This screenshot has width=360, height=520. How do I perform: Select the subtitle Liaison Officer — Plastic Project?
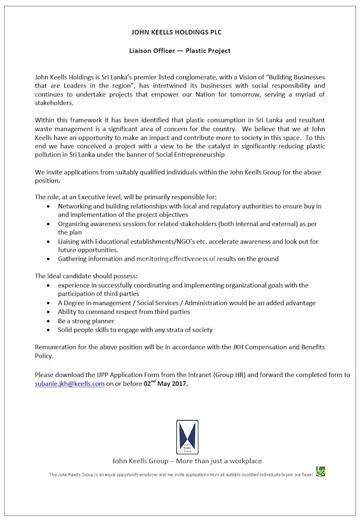pyautogui.click(x=180, y=51)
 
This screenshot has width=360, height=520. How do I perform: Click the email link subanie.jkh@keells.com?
pyautogui.click(x=70, y=384)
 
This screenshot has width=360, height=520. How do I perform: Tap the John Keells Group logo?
pyautogui.click(x=187, y=437)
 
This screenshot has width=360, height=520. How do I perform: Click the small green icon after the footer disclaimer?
pyautogui.click(x=320, y=472)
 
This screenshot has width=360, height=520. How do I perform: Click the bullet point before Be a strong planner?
pyautogui.click(x=48, y=321)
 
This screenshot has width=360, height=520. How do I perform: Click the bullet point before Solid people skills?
pyautogui.click(x=48, y=330)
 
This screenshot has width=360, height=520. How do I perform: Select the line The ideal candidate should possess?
pyautogui.click(x=86, y=276)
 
